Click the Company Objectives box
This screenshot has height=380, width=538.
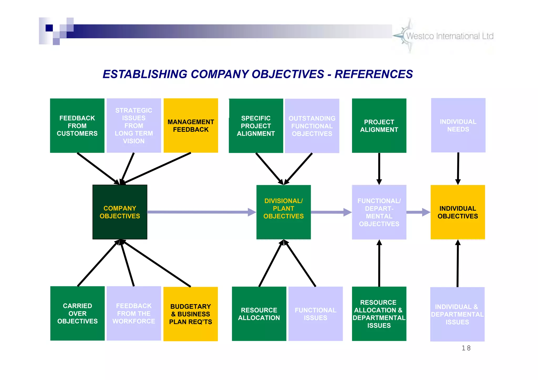click(120, 212)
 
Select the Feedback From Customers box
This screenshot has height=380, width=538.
click(77, 126)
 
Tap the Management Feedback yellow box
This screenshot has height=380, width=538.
click(191, 126)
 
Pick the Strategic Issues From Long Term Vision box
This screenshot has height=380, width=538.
click(134, 126)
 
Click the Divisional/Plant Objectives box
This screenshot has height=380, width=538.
click(283, 212)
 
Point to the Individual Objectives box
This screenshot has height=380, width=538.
click(458, 212)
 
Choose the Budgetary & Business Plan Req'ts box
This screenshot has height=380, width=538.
click(190, 314)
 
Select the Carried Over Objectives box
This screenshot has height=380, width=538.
click(77, 313)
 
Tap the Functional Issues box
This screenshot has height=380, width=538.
click(315, 314)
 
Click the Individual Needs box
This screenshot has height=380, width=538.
click(458, 125)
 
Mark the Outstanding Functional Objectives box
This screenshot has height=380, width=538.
click(312, 126)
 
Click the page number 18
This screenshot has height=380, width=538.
click(466, 348)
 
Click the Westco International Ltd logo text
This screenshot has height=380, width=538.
click(450, 36)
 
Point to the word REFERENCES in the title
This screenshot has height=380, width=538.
click(374, 74)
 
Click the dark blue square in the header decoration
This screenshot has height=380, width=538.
click(49, 28)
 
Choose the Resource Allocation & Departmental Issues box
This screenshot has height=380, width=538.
click(379, 314)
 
